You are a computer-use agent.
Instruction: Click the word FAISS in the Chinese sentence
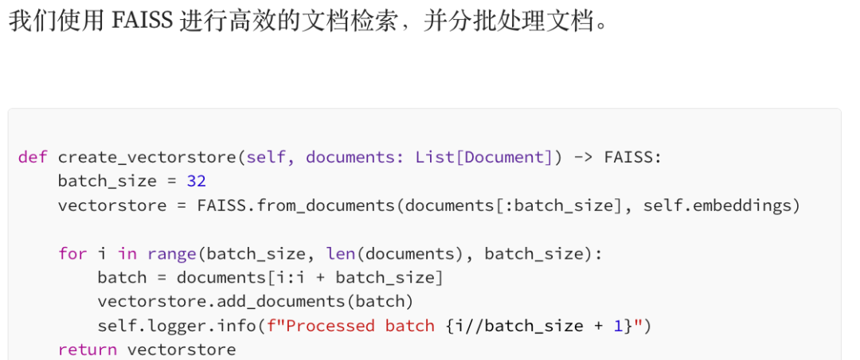[x=143, y=20]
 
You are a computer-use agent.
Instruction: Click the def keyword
[x=33, y=157]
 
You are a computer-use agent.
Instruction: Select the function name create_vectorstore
[x=147, y=157]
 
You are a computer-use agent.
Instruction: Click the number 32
[x=197, y=182]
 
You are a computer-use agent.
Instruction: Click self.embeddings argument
[x=721, y=205]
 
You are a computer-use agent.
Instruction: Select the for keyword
[x=72, y=253]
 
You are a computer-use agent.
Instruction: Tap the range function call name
[x=171, y=253]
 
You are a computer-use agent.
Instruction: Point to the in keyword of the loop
[x=127, y=253]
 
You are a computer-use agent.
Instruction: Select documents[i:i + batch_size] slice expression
[x=310, y=277]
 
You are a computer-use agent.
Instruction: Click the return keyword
[x=88, y=350]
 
